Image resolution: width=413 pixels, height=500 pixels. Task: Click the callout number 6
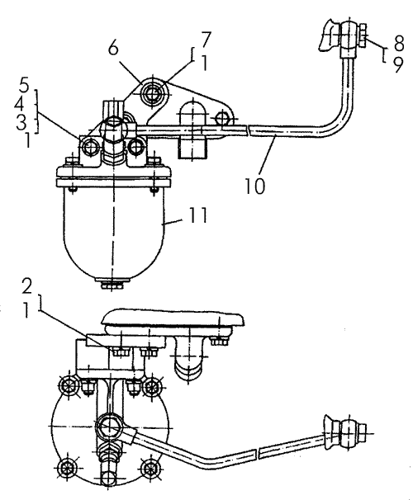113,48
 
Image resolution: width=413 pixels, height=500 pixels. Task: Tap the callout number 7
206,40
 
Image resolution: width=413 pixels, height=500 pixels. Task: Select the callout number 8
399,43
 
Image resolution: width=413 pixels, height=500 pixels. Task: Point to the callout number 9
397,64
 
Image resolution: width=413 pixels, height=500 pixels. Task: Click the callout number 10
254,186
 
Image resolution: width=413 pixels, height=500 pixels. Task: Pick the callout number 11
198,215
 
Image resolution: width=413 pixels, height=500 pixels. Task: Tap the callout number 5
24,86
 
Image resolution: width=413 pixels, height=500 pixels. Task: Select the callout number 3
21,122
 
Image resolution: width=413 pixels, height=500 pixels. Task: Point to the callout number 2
26,286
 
